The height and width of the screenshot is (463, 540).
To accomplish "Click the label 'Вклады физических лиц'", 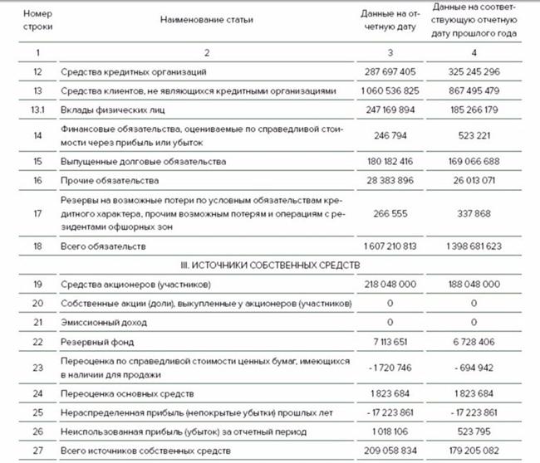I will pos(108,108).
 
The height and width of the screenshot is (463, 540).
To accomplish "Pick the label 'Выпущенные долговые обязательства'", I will pos(133,160).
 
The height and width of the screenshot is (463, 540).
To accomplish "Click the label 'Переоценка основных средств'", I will pos(120,392).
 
